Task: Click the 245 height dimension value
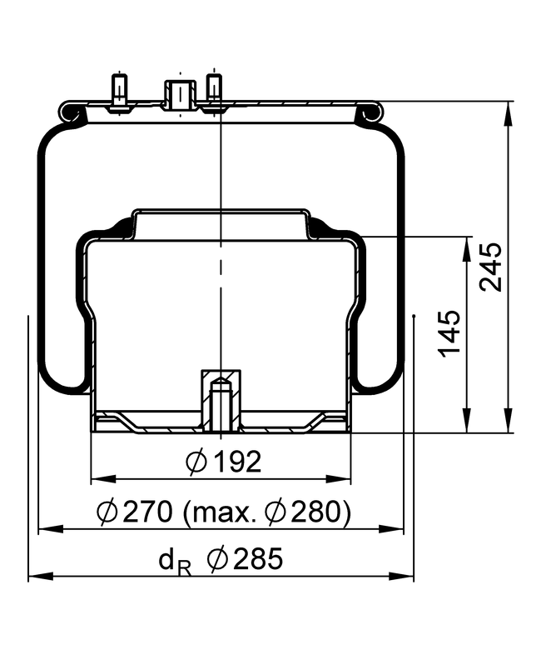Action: pos(491,267)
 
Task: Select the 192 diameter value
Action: pos(238,461)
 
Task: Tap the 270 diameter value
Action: pos(147,511)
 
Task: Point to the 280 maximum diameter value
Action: pos(317,511)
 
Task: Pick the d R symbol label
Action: pos(175,562)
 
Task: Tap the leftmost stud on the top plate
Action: pos(120,92)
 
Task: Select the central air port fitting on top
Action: pos(181,95)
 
